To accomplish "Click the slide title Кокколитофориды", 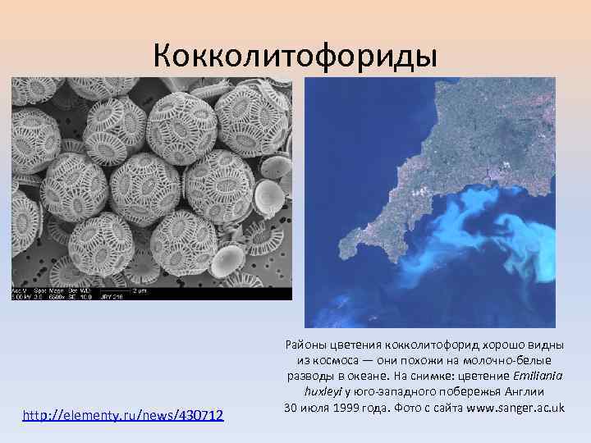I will click(295, 55).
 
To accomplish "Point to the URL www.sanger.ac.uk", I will click(515, 407).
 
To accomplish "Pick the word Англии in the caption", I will click(523, 391).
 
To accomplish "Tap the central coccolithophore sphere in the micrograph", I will click(146, 189).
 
